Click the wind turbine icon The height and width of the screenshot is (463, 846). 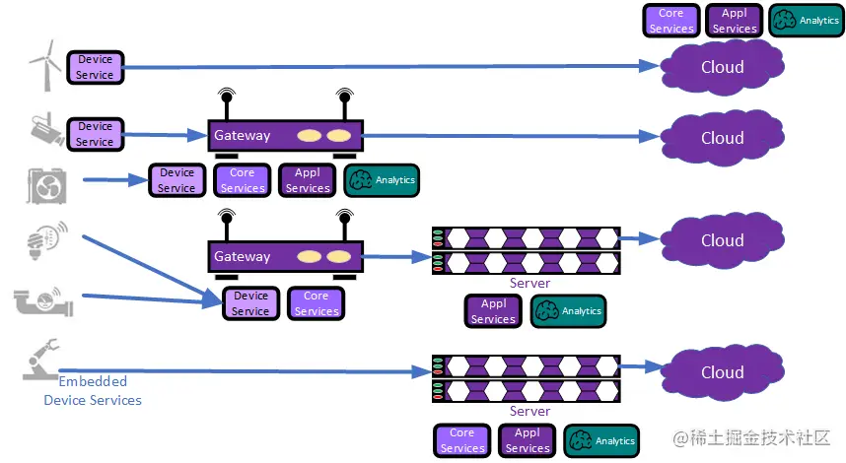pos(42,67)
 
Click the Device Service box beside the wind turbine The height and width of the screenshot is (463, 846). pos(96,67)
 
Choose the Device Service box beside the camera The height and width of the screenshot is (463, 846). pos(96,134)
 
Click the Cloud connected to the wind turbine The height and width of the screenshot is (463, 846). pos(722,67)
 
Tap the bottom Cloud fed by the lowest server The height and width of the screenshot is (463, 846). pos(722,372)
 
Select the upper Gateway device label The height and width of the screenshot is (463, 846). pos(243,136)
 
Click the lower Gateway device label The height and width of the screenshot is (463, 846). pos(243,257)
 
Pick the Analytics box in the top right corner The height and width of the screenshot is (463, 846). pos(808,21)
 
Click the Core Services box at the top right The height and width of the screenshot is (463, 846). pos(671,21)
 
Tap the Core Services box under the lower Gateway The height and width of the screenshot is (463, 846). pos(317,303)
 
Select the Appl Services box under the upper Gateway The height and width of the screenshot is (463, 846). pos(308,180)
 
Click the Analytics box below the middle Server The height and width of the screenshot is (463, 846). pos(569,311)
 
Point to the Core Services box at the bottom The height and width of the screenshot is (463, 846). pos(462,440)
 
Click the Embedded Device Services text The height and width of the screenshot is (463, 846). pos(93,390)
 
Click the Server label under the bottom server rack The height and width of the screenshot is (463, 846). pos(529,411)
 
